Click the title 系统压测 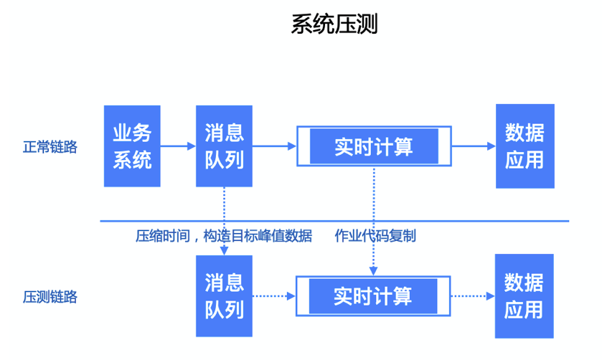click(x=334, y=24)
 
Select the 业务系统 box click(x=132, y=146)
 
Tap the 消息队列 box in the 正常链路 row click(x=225, y=146)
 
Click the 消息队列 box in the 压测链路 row click(x=225, y=295)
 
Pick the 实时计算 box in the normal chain click(x=373, y=146)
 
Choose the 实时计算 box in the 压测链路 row click(x=373, y=295)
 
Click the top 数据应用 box click(x=525, y=146)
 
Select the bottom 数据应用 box click(x=525, y=295)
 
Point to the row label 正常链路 click(x=50, y=147)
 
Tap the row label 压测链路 click(x=50, y=296)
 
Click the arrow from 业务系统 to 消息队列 click(x=178, y=146)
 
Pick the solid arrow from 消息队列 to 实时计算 click(x=274, y=146)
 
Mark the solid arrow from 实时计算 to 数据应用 click(x=474, y=146)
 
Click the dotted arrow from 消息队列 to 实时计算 click(x=274, y=295)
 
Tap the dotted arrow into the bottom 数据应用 click(x=474, y=295)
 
